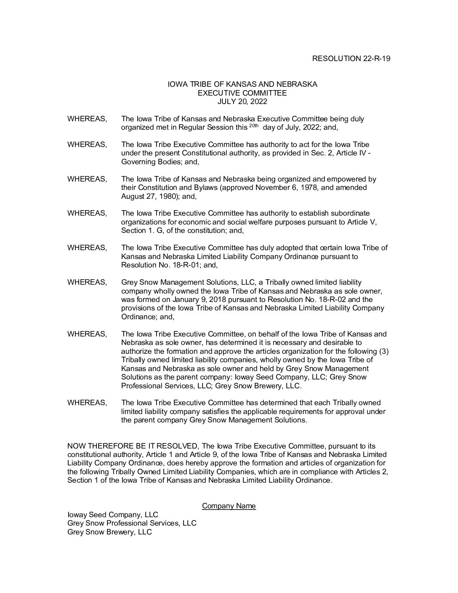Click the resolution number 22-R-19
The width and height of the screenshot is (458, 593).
[376, 59]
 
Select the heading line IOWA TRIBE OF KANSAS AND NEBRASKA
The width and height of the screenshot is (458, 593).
[242, 84]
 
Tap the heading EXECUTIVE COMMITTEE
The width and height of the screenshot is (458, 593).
[242, 93]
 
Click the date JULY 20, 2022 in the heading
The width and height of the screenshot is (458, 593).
[242, 102]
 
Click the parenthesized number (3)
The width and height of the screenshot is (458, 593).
[384, 351]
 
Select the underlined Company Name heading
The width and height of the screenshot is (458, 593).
[229, 506]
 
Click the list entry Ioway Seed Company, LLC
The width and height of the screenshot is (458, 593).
[113, 515]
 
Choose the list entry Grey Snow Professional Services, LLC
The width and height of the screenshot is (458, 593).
[132, 523]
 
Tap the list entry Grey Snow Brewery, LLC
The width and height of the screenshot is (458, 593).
[109, 532]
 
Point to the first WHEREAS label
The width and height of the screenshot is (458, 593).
[87, 119]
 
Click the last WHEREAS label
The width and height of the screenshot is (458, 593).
[87, 403]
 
